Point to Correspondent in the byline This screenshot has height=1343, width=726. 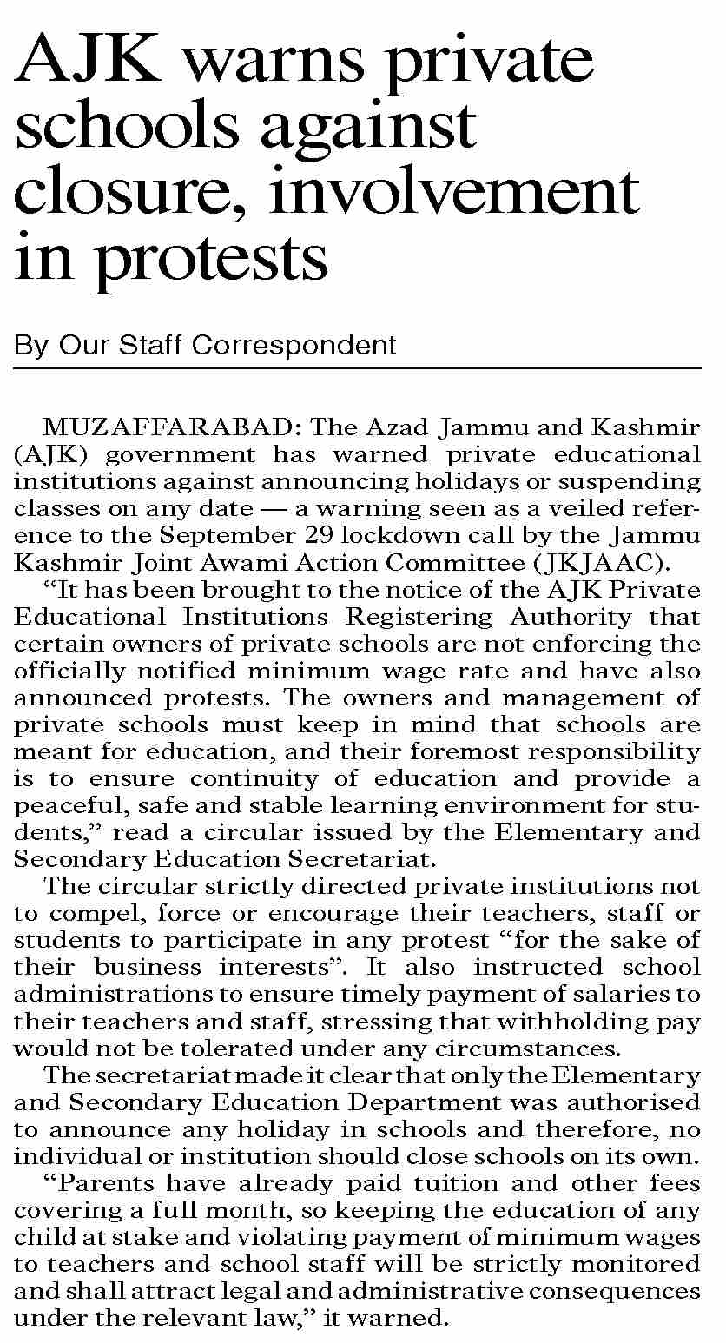pos(294,345)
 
